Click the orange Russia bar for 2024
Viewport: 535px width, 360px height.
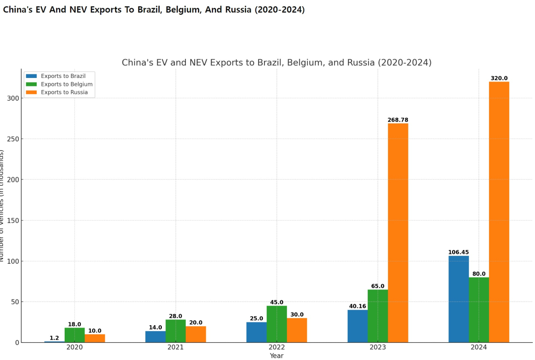499,212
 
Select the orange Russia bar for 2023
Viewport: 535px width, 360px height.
398,233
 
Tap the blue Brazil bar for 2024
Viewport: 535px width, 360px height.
458,299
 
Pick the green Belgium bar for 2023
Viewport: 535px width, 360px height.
378,316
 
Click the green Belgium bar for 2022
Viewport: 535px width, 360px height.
276,324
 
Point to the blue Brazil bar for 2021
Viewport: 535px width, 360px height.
155,336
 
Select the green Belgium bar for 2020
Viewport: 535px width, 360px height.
74,335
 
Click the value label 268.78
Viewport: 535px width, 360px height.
398,120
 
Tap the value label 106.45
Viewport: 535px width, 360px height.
458,252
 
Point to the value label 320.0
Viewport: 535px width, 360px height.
499,78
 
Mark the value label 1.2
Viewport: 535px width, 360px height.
54,338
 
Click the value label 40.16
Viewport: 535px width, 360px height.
357,306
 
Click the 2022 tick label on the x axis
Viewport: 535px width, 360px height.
276,347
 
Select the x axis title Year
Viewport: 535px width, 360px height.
276,356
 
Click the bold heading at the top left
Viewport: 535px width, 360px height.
154,10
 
